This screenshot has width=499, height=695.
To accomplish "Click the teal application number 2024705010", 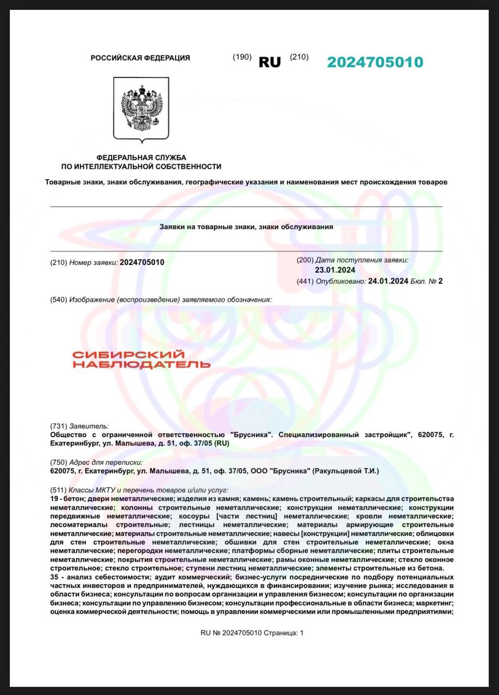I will click(x=375, y=62).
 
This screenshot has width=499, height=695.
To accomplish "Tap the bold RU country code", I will click(x=270, y=62).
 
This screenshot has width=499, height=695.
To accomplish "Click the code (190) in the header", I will click(x=242, y=57).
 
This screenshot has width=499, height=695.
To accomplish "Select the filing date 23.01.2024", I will click(x=334, y=269).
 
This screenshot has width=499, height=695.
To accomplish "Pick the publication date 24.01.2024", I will click(x=388, y=281).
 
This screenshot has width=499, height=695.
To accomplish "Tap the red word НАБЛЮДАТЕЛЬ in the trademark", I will click(x=141, y=364).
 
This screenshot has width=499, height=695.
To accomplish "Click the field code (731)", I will click(x=58, y=426).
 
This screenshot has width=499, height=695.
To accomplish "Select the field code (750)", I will click(x=58, y=462).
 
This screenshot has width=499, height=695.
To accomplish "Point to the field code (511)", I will click(x=58, y=490).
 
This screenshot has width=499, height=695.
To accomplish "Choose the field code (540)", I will click(x=58, y=300).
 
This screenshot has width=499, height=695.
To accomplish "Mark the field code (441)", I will click(x=305, y=281).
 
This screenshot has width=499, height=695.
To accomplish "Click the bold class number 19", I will click(x=54, y=498).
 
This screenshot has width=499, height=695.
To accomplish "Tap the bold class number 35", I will click(x=54, y=577).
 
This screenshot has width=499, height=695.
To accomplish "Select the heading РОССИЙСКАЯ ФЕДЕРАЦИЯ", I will click(x=140, y=58).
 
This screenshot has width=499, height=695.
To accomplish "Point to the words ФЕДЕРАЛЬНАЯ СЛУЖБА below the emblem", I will click(x=141, y=157).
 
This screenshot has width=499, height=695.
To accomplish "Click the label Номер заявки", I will click(x=93, y=262).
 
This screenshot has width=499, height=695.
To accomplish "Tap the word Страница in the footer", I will click(x=281, y=633).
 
